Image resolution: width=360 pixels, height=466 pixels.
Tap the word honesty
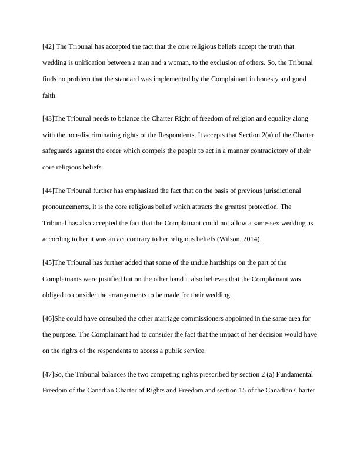[255, 79]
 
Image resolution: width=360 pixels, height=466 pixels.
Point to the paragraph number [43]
[48, 119]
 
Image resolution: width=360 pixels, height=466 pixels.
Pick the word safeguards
[61, 151]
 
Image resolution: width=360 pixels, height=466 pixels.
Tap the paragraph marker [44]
[48, 191]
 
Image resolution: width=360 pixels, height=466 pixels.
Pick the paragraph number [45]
[48, 262]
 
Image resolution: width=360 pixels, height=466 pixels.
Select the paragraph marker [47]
[48, 374]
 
